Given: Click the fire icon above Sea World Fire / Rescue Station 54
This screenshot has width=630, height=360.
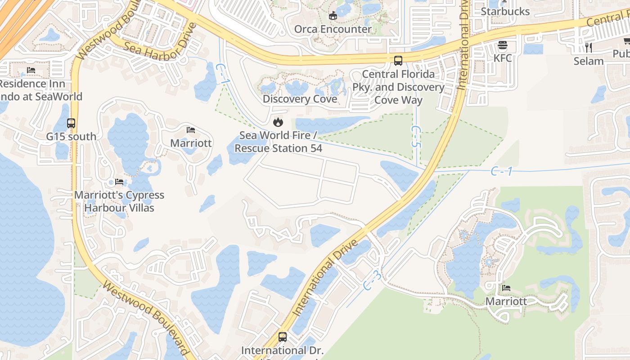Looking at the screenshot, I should [x=278, y=122].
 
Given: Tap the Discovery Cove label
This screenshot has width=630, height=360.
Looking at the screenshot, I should [x=300, y=99].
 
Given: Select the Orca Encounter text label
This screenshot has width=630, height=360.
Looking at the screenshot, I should [x=333, y=29].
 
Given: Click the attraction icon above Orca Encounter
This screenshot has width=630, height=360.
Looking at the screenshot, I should [x=333, y=16].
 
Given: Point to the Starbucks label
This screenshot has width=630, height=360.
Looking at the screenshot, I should [x=505, y=11].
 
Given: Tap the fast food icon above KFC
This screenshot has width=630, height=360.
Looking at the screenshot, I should [x=503, y=45].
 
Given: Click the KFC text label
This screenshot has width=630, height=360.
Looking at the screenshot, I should [x=503, y=58].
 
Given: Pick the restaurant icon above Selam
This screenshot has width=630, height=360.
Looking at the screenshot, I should [x=588, y=47].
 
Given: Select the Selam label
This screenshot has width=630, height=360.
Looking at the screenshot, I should [x=588, y=61].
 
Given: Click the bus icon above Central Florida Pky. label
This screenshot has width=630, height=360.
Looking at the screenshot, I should [x=398, y=60].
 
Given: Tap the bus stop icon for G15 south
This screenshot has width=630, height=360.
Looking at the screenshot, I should [x=71, y=123].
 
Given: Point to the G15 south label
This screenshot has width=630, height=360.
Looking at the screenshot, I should [x=71, y=136].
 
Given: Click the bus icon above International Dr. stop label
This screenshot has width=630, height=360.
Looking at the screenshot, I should [x=283, y=337].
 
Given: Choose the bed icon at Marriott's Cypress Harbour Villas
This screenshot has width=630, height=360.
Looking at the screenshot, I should [x=119, y=182].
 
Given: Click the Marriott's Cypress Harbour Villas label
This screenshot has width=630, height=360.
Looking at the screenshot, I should [x=119, y=202].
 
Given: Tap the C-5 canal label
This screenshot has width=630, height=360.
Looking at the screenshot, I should [x=416, y=136].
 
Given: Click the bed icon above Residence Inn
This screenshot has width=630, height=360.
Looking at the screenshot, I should [x=31, y=70].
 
